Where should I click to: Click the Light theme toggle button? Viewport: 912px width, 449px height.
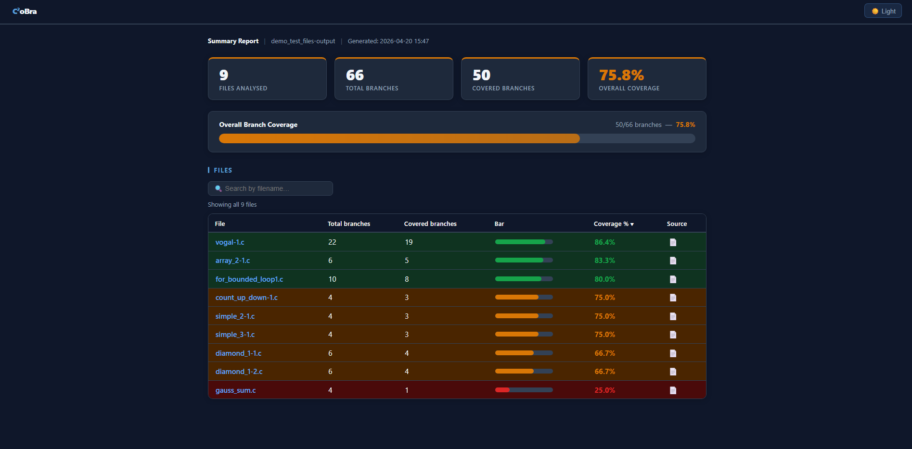(883, 11)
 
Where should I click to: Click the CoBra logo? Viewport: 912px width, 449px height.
(25, 11)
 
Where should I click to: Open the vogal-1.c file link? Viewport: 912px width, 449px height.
(230, 242)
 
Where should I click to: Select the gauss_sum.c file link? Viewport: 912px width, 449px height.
(235, 390)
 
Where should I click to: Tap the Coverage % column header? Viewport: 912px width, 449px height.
(613, 224)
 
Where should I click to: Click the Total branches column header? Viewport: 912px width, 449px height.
(348, 224)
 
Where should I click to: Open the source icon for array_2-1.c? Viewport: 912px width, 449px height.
(673, 261)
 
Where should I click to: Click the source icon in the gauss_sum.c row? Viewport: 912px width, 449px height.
(673, 390)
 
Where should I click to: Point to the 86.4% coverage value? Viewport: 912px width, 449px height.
(604, 242)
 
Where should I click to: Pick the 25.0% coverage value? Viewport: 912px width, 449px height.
(604, 390)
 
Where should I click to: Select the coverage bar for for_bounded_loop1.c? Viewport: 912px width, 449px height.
(524, 279)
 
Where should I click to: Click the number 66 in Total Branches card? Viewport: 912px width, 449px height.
(355, 75)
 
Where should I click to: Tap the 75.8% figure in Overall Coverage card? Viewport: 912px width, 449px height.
(621, 75)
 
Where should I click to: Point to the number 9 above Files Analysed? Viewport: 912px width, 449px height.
(223, 75)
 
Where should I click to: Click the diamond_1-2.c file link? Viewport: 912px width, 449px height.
(239, 372)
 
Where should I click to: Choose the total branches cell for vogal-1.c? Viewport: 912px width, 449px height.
(332, 242)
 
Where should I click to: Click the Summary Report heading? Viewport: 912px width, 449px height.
(233, 41)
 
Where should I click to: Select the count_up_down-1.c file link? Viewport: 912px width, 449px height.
(246, 298)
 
